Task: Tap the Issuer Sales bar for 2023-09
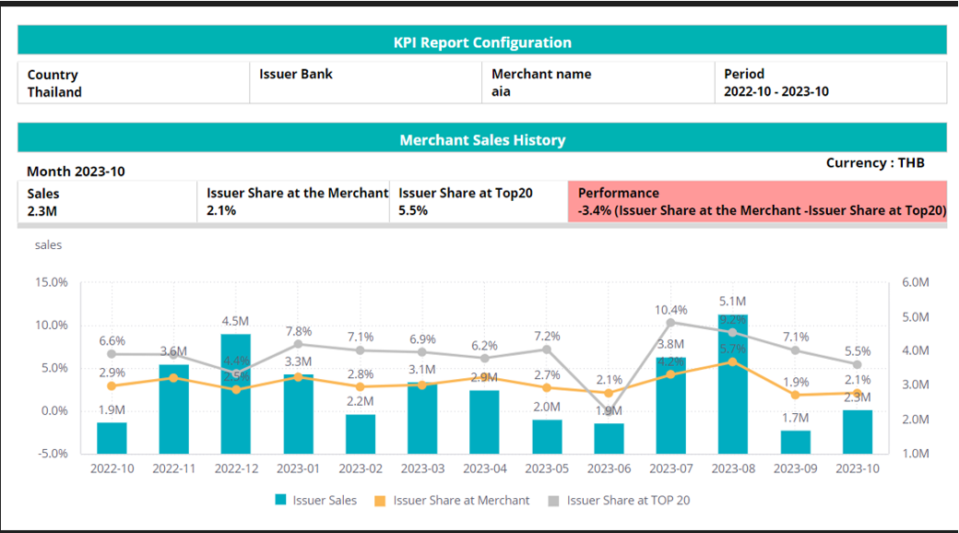click(x=795, y=442)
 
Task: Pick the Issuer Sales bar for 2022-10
click(x=112, y=438)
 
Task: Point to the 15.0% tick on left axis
click(x=51, y=282)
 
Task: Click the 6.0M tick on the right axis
click(x=915, y=282)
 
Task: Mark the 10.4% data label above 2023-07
click(x=671, y=310)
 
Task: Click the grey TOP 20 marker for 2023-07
click(x=671, y=322)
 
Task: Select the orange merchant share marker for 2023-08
click(x=733, y=361)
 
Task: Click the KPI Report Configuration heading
click(x=482, y=42)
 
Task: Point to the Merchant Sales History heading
click(x=482, y=140)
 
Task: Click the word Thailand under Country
click(x=54, y=92)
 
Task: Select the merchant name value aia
click(x=501, y=92)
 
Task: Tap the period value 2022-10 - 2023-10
click(x=775, y=92)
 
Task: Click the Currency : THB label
click(x=875, y=163)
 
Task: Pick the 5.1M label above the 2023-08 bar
click(x=733, y=302)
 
